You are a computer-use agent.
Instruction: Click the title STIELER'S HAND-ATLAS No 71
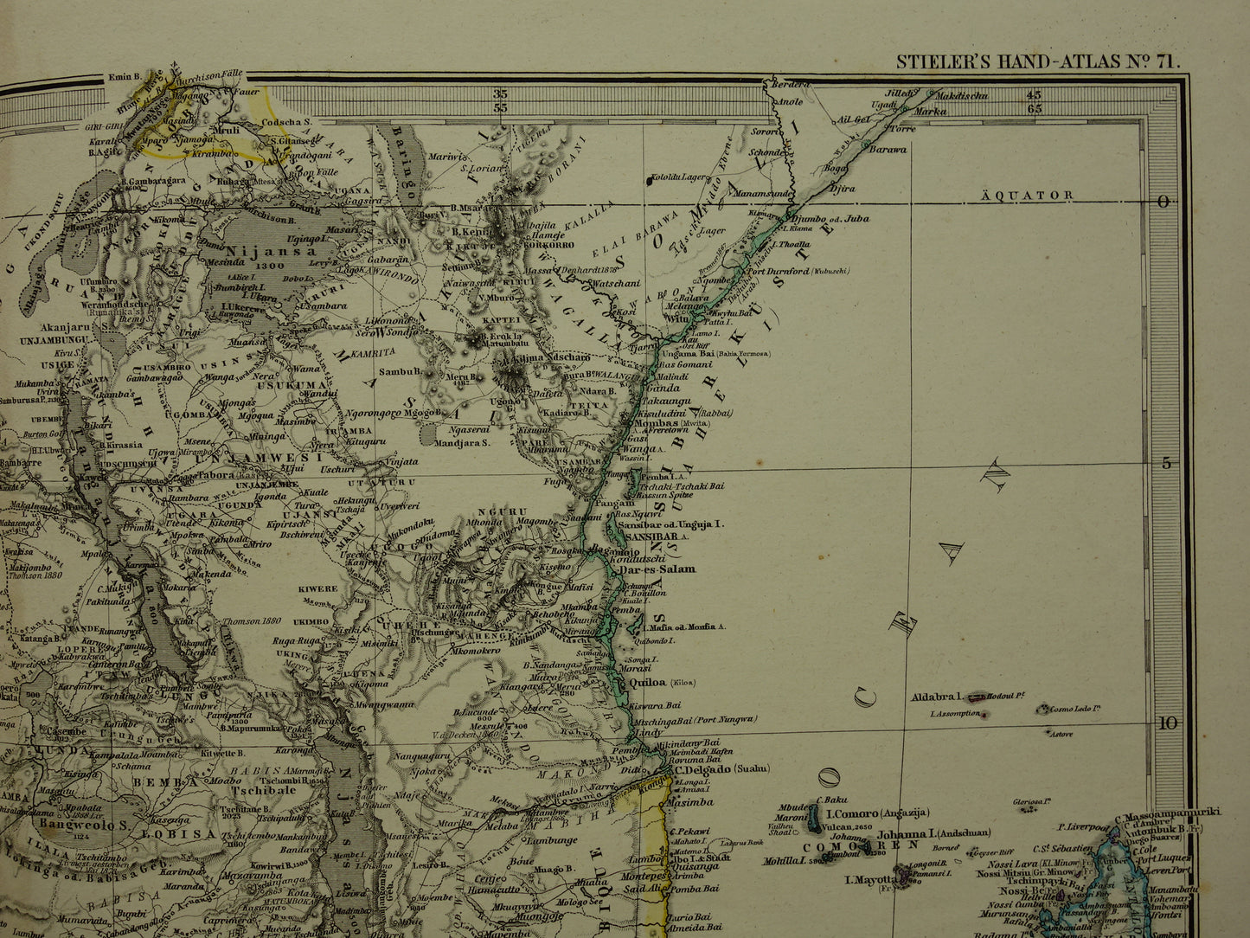(1037, 61)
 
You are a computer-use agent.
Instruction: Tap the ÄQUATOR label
(1028, 196)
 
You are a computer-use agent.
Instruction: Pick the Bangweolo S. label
(81, 825)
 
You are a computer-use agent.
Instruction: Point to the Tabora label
(216, 474)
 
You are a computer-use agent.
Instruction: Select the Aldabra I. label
(937, 697)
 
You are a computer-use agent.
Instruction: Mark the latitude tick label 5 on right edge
(1167, 463)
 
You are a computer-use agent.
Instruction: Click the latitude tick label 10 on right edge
(1167, 723)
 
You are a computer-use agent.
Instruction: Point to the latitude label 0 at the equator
(1163, 202)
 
